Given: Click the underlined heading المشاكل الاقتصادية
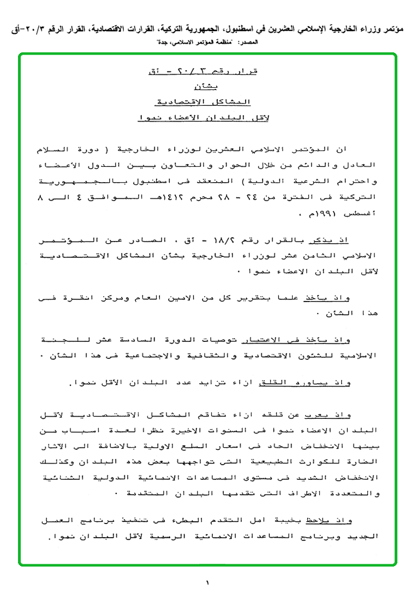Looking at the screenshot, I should [205, 102].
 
